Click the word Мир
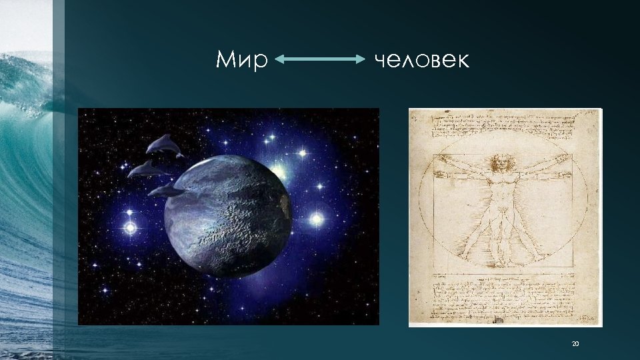tap(241, 61)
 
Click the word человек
tap(421, 61)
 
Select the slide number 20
tap(576, 344)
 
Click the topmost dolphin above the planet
tap(164, 146)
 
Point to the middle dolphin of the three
tap(147, 169)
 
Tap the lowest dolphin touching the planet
tap(167, 191)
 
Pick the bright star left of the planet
tap(130, 228)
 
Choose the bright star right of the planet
tap(316, 219)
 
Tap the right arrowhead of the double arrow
tap(361, 59)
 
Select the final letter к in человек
tap(463, 62)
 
